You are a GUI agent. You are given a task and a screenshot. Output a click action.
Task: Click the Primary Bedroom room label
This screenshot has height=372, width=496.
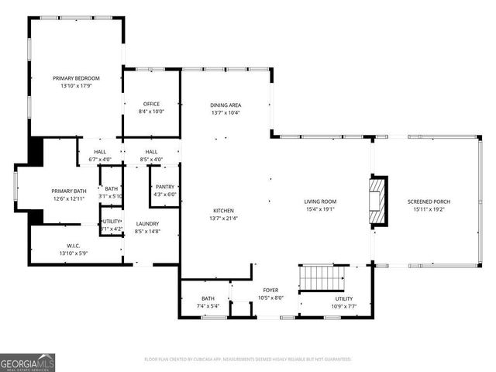coord(76,78)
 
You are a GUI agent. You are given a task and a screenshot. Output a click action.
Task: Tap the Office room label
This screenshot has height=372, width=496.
coord(151,104)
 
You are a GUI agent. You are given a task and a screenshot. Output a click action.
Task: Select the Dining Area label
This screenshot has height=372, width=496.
coord(226,105)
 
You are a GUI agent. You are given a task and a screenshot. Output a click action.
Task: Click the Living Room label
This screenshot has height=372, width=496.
coord(319,201)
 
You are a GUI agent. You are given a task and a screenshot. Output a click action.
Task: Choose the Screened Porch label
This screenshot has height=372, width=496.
coord(429,201)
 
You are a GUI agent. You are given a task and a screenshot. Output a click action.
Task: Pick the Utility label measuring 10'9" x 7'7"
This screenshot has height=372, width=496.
coord(343,298)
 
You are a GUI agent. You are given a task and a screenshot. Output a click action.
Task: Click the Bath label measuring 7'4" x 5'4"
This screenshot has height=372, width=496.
coord(208,298)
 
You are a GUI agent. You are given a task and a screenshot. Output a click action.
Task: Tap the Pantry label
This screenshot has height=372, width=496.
coord(165,187)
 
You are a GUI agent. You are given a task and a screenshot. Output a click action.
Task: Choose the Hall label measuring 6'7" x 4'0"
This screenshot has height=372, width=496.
coord(100,152)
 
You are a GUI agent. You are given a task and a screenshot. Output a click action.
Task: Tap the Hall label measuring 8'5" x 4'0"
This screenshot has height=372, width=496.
coord(151,152)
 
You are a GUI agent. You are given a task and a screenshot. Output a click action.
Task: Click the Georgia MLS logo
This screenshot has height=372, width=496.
coord(28,360)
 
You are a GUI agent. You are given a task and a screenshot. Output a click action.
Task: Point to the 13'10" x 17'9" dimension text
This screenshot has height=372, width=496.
coord(76,85)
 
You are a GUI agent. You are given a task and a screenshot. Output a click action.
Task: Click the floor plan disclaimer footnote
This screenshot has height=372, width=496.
coord(248,359)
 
